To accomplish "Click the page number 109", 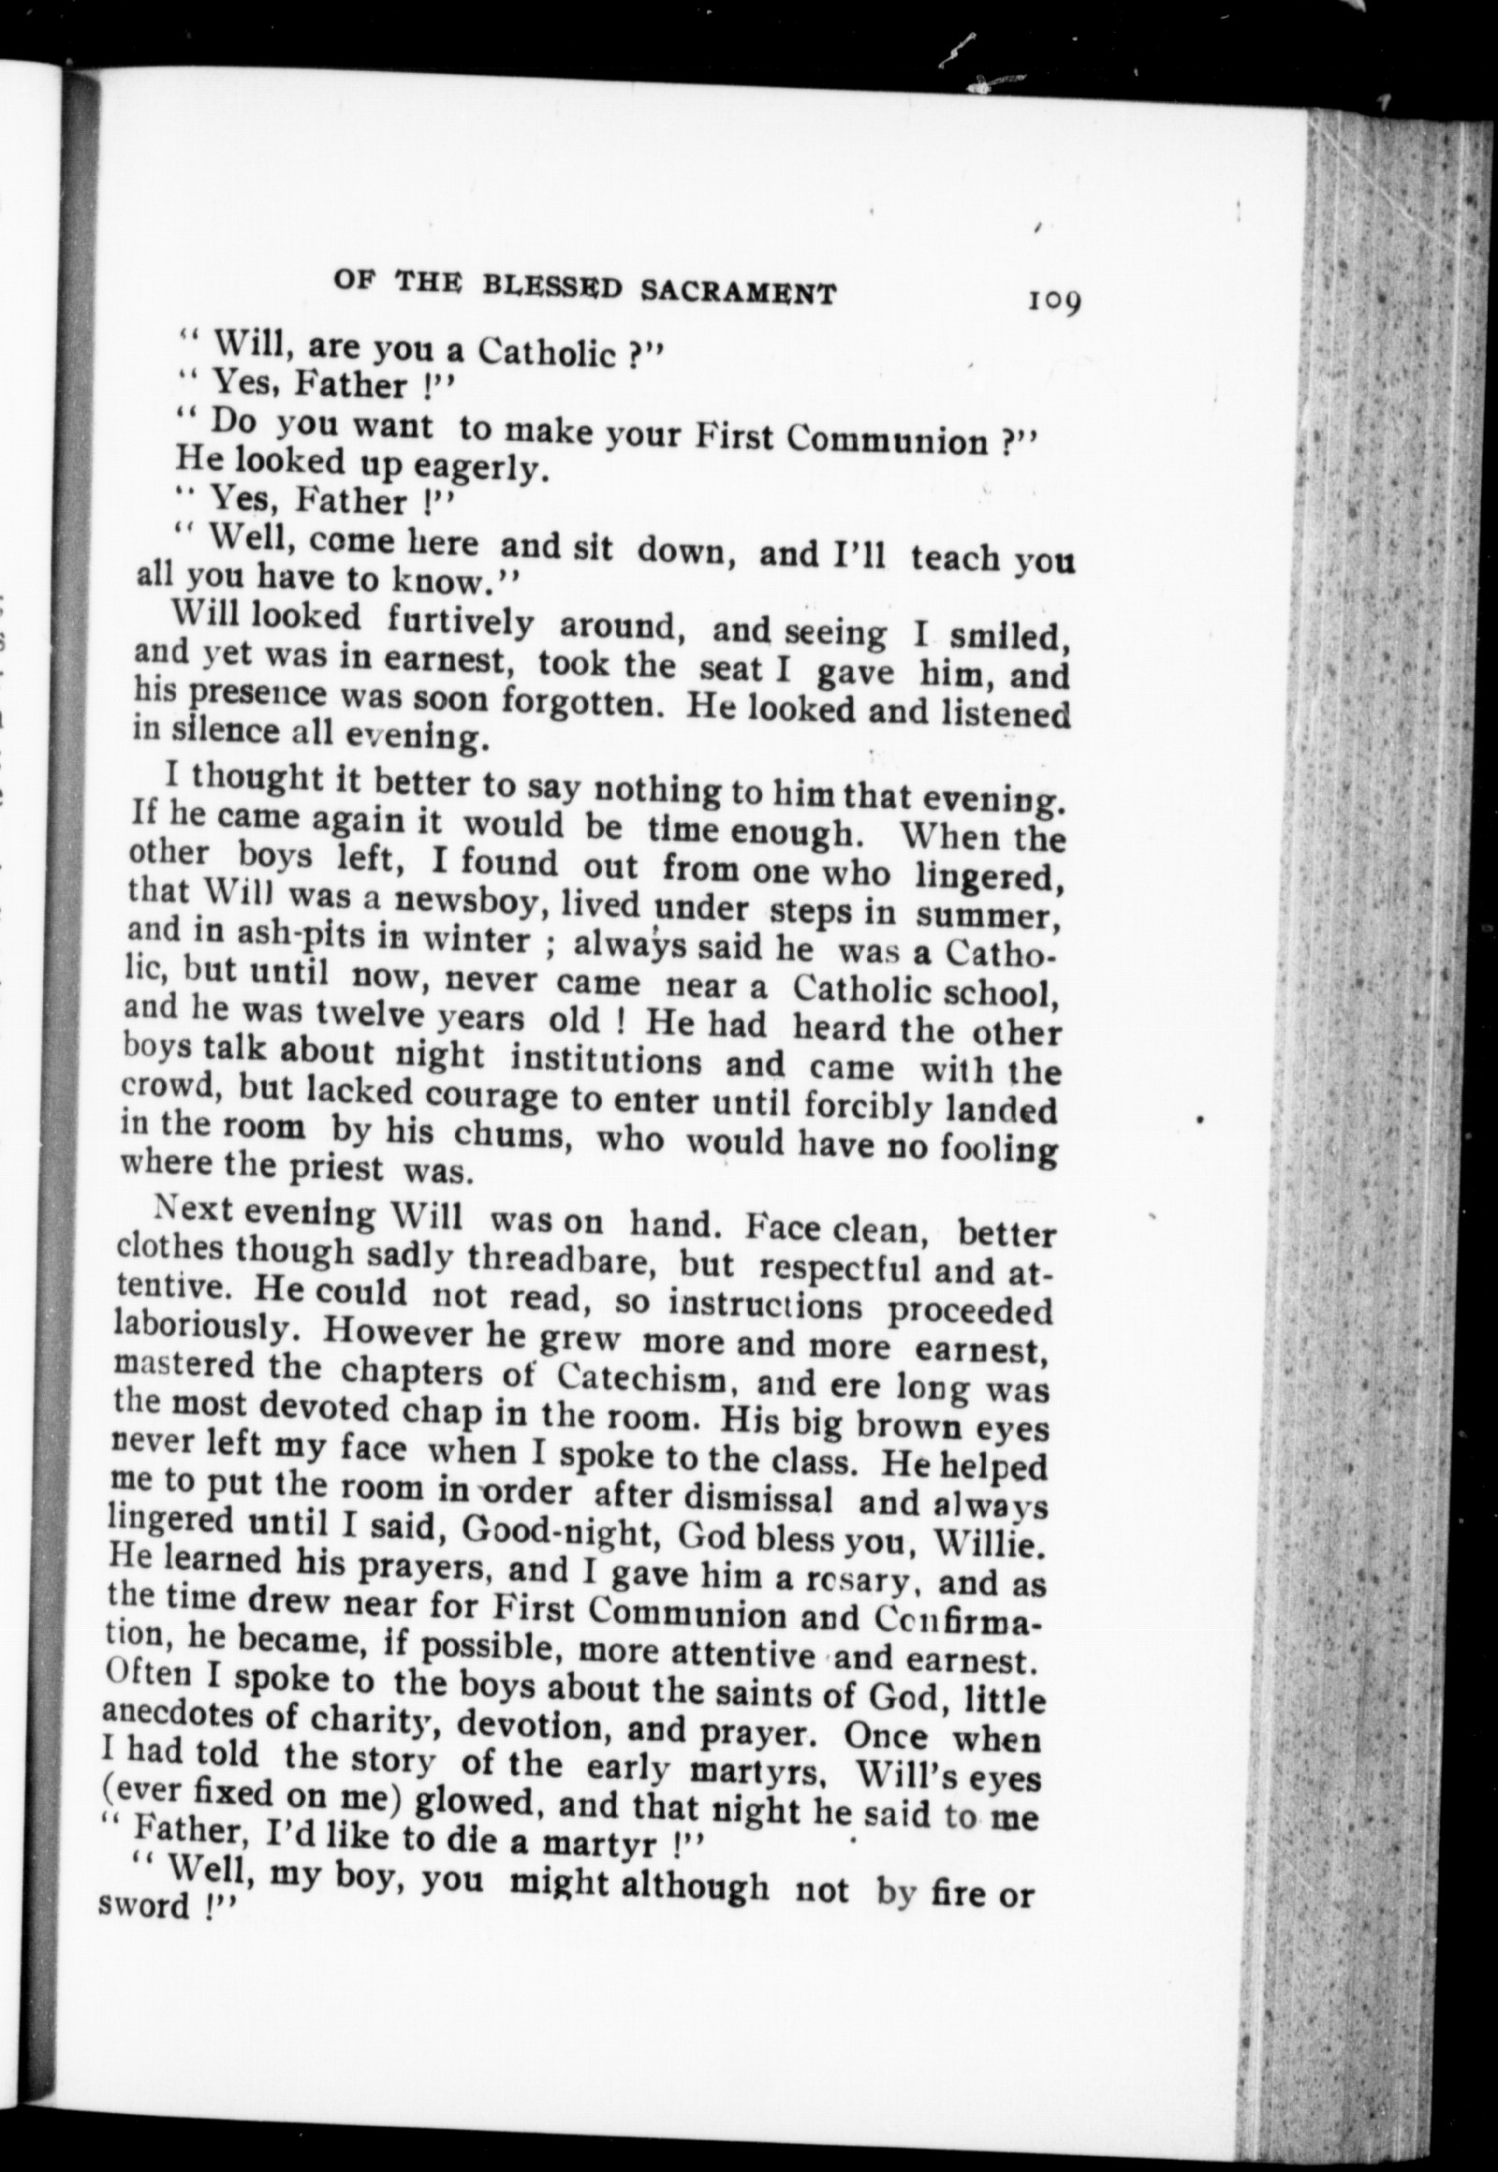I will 1055,301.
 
